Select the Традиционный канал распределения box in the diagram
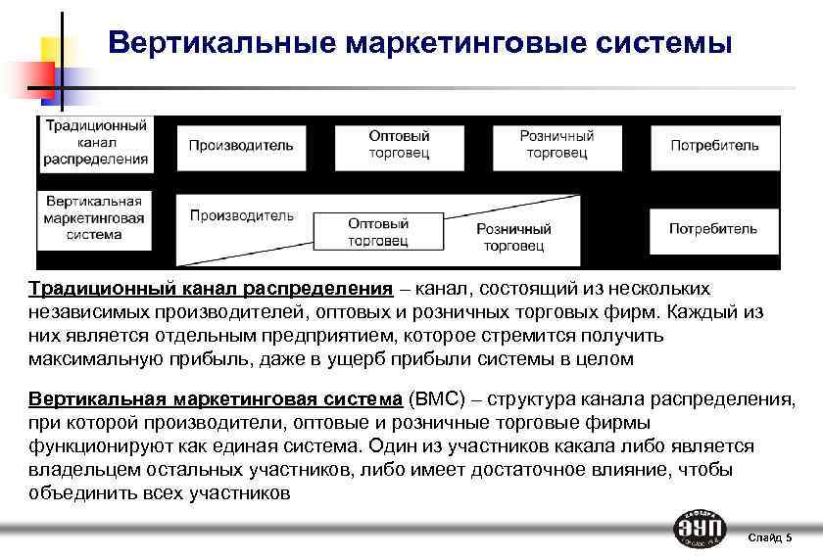[x=94, y=143]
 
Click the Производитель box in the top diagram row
[x=240, y=145]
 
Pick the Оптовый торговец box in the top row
[x=399, y=145]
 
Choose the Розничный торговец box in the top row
[x=556, y=145]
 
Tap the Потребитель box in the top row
[x=714, y=145]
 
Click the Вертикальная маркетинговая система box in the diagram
[x=94, y=217]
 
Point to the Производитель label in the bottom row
[x=241, y=215]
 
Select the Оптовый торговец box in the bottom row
[x=378, y=232]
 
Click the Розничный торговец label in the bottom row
[x=513, y=237]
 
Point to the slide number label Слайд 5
[x=769, y=537]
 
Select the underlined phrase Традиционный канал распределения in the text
[x=211, y=289]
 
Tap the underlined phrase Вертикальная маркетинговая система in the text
[x=216, y=399]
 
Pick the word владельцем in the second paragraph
[x=73, y=470]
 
